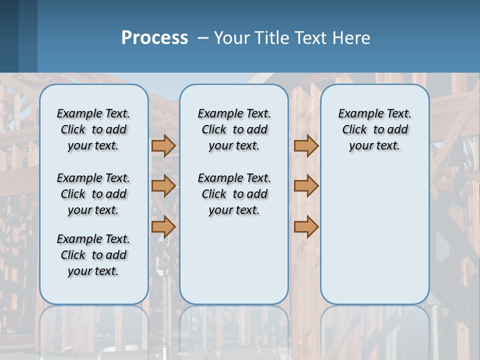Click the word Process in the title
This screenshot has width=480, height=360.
pos(154,38)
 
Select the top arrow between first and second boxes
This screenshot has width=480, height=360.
pos(163,145)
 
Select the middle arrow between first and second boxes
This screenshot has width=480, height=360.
pos(163,186)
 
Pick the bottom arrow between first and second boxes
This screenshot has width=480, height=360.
pos(163,226)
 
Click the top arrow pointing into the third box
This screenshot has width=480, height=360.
pos(306,145)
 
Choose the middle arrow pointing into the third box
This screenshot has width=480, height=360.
pos(306,186)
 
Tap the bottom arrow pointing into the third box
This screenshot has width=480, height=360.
pos(306,226)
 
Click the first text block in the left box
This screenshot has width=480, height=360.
pos(93,129)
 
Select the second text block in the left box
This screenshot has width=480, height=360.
pos(93,194)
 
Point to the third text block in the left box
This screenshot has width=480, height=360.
pos(93,255)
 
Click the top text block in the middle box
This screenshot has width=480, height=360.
pos(234,129)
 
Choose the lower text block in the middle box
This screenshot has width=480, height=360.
pos(234,194)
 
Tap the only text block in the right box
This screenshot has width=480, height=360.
pos(374,129)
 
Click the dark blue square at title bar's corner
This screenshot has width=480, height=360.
pos(9,36)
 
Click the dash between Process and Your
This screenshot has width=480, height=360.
pos(203,38)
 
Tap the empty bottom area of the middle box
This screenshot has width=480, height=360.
pos(234,265)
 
